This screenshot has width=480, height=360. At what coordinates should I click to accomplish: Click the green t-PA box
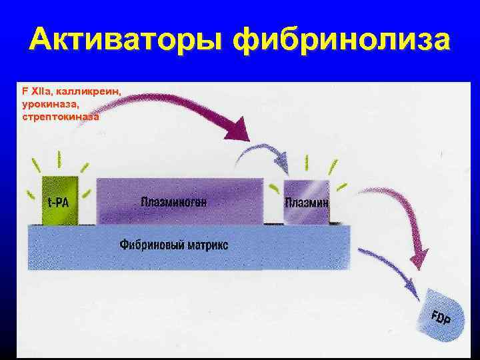tap(59, 200)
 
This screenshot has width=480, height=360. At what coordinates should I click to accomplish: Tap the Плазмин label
tap(307, 202)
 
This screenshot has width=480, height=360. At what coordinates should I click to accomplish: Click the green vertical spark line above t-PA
tap(59, 159)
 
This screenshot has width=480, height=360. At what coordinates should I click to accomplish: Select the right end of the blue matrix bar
tap(348, 247)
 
